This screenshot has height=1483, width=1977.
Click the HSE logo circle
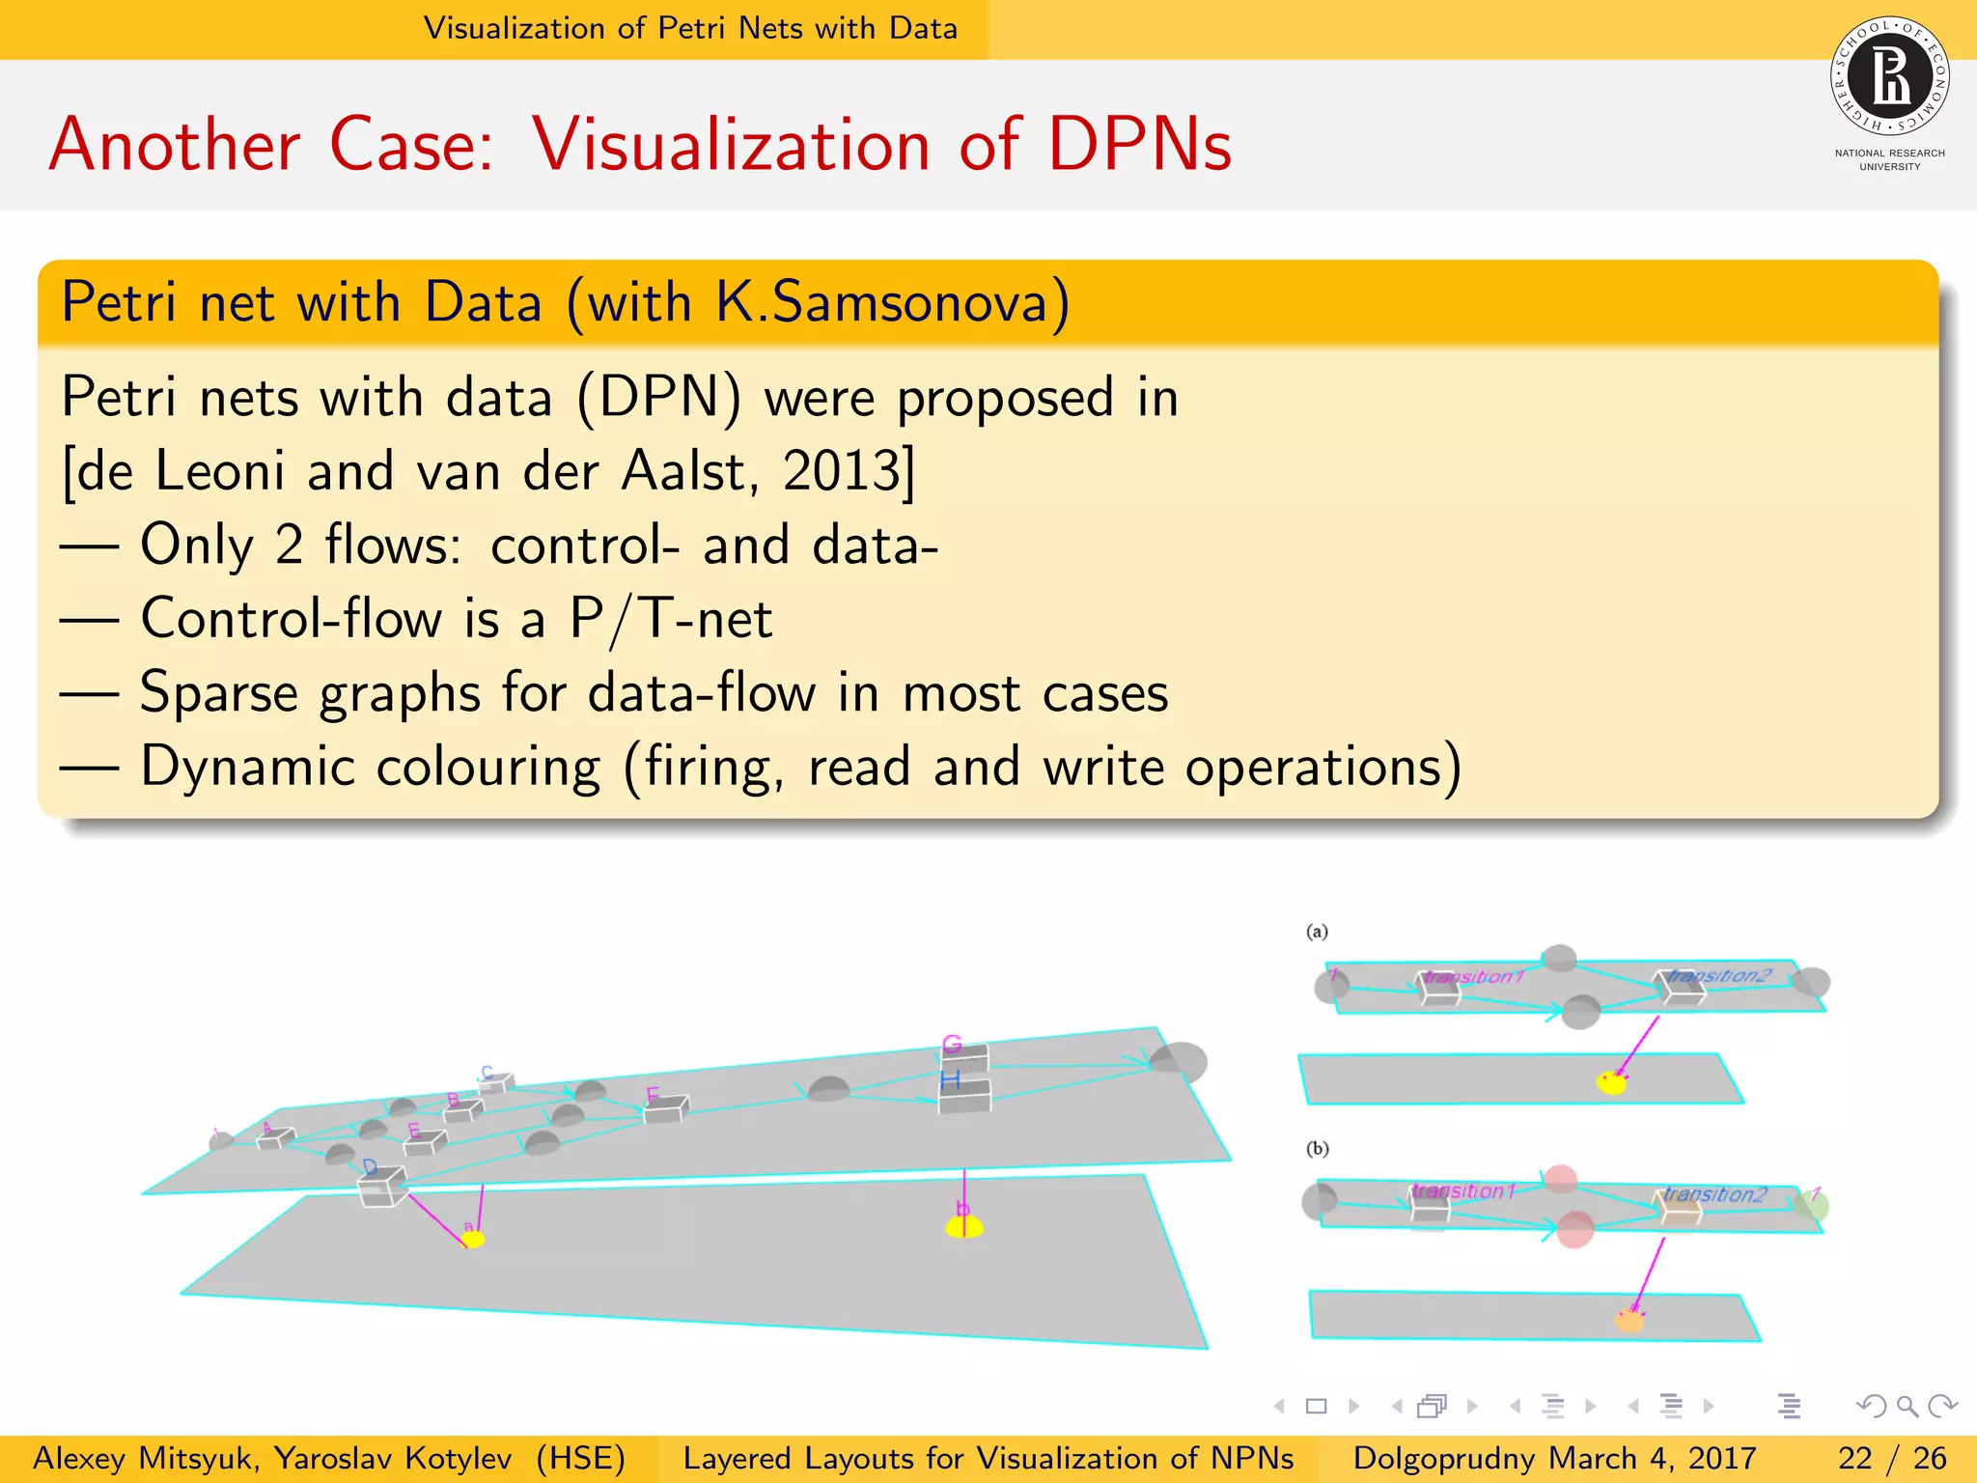[1889, 76]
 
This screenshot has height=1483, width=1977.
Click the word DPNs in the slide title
[1139, 145]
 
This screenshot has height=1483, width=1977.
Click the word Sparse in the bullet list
[218, 693]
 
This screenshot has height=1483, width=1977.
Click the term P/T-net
[671, 619]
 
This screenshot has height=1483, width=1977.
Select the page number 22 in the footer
[1855, 1458]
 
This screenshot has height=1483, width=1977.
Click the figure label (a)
[1317, 932]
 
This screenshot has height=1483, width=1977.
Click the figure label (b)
[1317, 1149]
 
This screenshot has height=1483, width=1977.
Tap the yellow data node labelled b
[963, 1226]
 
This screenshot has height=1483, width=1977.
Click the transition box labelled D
[381, 1187]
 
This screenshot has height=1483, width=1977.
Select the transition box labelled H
[964, 1095]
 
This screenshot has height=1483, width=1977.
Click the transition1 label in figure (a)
[1472, 977]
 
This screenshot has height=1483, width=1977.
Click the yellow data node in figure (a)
[1611, 1082]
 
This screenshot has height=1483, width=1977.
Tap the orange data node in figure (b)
[1629, 1320]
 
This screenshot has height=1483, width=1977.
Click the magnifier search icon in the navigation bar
[1907, 1407]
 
